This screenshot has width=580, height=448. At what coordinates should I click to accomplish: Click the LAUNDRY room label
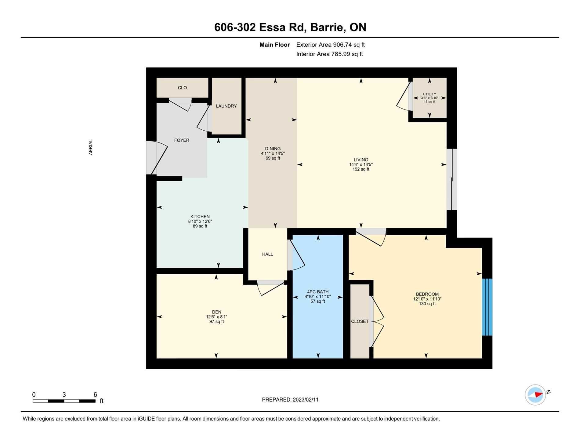(226, 106)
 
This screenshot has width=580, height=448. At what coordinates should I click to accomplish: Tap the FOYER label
(182, 140)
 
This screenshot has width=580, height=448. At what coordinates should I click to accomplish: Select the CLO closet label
(182, 88)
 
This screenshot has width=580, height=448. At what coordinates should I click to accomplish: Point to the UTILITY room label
(429, 94)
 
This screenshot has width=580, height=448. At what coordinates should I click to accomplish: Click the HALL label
(267, 254)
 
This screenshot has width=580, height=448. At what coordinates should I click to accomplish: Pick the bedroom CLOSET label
(360, 321)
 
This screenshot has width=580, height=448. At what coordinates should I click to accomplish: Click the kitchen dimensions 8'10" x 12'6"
(200, 221)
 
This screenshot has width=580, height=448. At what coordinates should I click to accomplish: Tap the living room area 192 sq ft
(361, 169)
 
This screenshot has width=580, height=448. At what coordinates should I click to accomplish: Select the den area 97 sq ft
(216, 322)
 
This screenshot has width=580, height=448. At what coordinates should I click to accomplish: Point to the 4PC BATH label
(318, 292)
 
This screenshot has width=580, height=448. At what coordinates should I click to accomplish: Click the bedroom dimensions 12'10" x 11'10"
(427, 299)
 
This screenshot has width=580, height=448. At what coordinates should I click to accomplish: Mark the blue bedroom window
(487, 307)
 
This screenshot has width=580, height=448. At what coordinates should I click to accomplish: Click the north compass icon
(535, 395)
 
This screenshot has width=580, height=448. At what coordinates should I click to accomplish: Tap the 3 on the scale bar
(64, 395)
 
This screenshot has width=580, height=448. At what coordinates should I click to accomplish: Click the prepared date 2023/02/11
(306, 400)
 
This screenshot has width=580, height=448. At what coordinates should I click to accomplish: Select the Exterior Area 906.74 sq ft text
(331, 45)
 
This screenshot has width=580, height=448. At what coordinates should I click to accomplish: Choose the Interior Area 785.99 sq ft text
(330, 54)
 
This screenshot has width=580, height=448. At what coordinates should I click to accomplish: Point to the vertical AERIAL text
(91, 147)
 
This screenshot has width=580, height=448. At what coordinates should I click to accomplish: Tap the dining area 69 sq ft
(273, 158)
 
